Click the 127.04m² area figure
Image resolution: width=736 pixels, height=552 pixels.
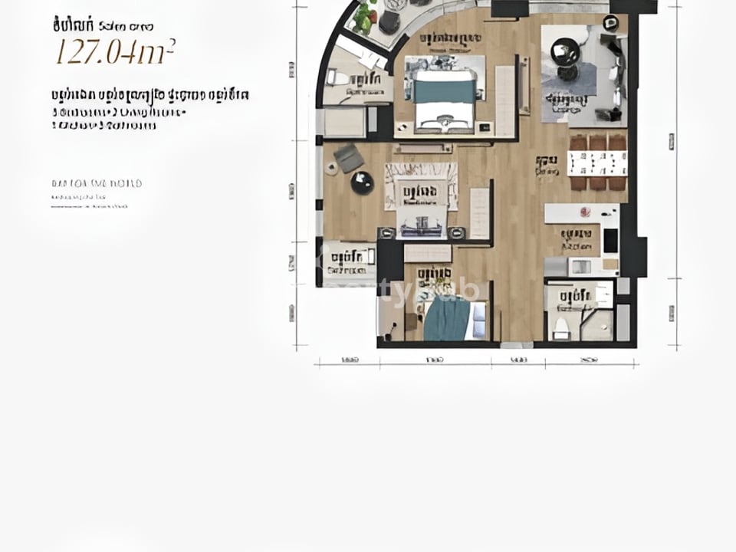(x=115, y=52)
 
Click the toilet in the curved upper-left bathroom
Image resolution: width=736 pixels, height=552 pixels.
(x=338, y=77)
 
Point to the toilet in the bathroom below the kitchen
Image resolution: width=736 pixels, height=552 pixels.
(x=561, y=327)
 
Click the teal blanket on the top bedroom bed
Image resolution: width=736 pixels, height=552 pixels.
(x=445, y=92)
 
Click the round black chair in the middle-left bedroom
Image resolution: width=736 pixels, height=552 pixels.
(x=362, y=182)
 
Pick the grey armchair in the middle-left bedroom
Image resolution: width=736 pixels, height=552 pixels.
(x=349, y=158)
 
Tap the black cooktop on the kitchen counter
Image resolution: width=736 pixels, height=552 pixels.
(x=610, y=240)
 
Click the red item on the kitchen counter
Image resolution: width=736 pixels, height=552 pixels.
(x=585, y=212)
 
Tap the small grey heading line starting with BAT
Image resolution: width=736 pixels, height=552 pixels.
(x=97, y=184)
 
